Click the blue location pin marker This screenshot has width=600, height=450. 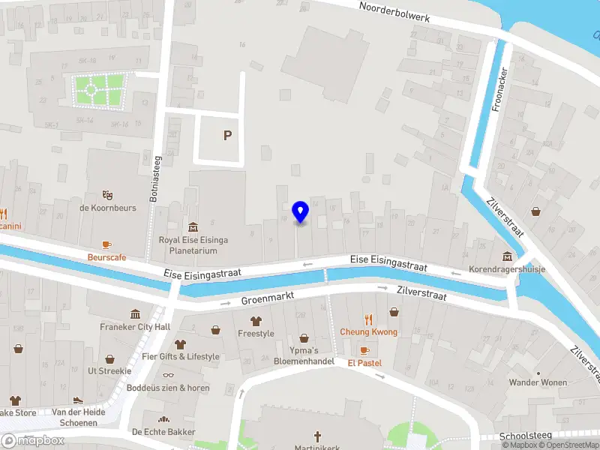coord(300,212)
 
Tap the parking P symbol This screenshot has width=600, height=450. coord(226,136)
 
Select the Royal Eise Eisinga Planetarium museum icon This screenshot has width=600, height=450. coord(193,227)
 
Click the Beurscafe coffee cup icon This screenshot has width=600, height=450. coord(106,244)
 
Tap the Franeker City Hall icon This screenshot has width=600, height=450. coord(135,313)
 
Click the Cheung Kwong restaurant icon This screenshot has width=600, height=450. coord(368,319)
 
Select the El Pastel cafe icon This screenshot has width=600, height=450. coord(364,350)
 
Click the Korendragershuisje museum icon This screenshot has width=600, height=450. coord(507,256)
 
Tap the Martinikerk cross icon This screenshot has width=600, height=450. coord(317,436)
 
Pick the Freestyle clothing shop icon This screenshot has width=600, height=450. coord(256,320)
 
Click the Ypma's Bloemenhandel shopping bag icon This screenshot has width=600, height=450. coord(304,338)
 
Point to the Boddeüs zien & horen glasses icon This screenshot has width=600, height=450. coord(167,375)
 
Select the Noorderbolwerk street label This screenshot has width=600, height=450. coord(394,11)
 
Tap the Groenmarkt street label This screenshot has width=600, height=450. coord(265,300)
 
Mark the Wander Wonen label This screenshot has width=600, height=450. coord(538,382)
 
